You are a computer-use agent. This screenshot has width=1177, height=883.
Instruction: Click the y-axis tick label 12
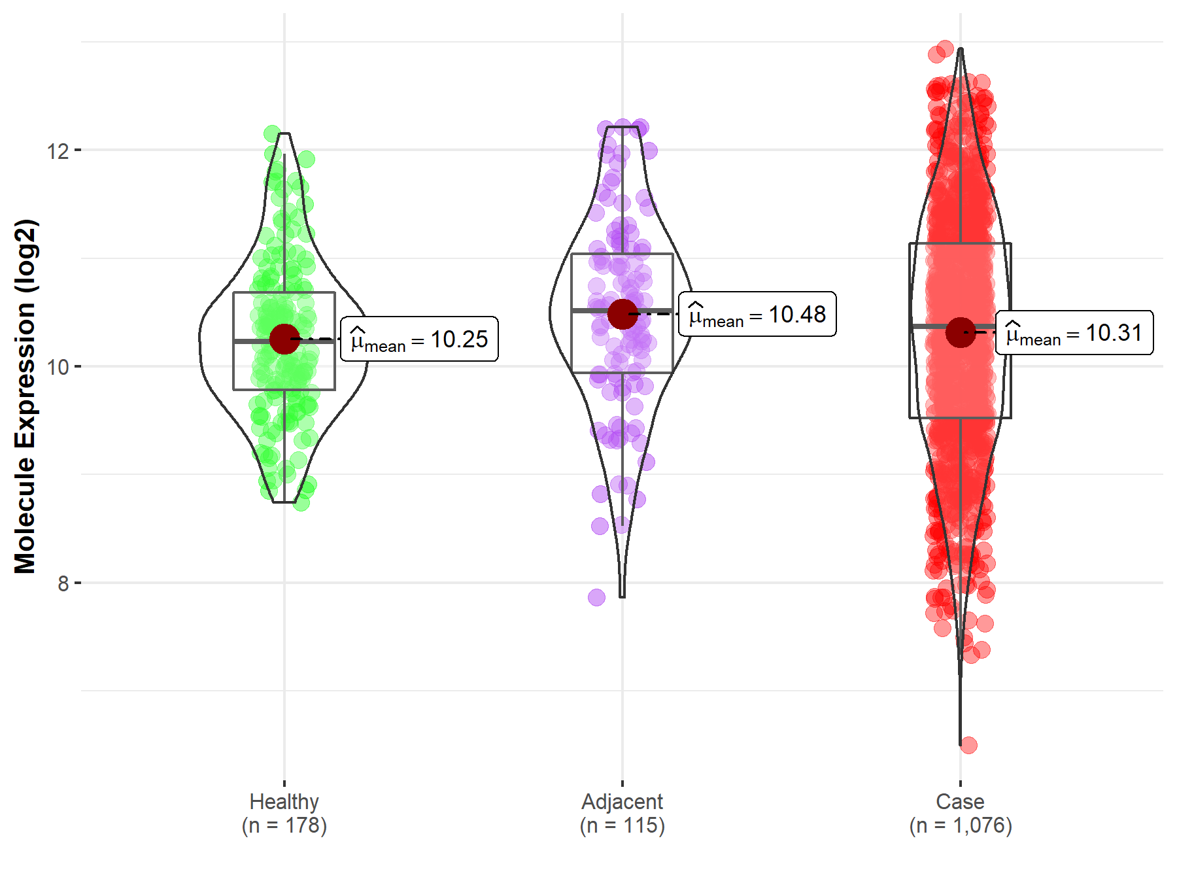coord(58,151)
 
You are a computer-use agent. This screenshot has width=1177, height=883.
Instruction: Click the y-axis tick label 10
coord(58,367)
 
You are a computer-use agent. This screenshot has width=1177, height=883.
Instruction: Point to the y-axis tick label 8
coord(63,583)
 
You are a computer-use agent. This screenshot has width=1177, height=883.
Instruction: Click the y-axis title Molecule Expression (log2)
coord(25,396)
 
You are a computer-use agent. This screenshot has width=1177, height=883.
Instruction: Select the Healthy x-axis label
coord(284,801)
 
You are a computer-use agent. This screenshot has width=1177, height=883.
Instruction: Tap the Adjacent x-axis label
coord(622,801)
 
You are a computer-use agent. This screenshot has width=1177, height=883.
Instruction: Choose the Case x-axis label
coord(960,801)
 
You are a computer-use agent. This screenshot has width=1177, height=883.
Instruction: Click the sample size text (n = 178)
coord(284,825)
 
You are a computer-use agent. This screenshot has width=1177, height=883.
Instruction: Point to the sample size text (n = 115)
coord(622,825)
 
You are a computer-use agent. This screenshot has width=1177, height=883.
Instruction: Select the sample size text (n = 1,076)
coord(960,825)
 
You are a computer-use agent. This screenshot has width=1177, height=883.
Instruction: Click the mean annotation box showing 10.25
coord(419,339)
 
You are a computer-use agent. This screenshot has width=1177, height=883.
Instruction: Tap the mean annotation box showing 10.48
coord(757,314)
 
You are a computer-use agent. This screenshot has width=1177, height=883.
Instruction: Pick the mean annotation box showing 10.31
coord(1074,333)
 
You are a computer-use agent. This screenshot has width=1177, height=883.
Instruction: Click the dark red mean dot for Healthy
coord(284,339)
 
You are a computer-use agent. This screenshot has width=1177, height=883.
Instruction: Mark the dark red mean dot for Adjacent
coord(623,314)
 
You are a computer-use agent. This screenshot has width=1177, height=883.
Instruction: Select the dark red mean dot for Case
coord(961,332)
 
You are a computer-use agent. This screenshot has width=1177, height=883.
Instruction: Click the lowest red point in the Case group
coord(968,745)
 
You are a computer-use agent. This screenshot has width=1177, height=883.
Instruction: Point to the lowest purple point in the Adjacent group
coord(596,597)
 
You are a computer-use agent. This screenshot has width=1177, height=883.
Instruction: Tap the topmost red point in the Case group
coord(945,48)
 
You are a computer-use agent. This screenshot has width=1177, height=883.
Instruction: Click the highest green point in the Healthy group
coord(272,134)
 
